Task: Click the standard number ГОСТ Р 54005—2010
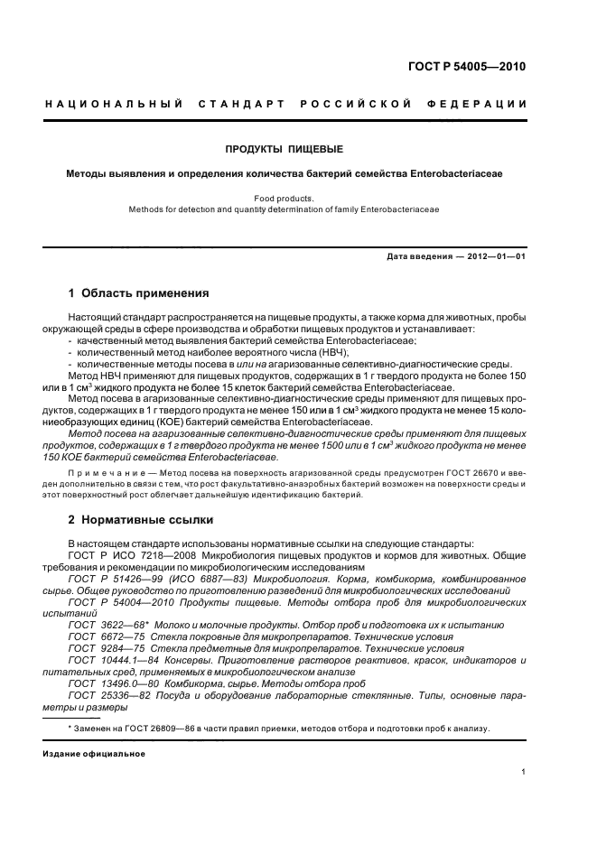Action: [x=469, y=68]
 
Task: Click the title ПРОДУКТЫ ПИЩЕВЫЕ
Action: [x=285, y=148]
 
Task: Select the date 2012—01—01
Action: [x=496, y=256]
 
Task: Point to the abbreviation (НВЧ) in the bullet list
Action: [x=258, y=352]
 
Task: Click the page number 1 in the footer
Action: [x=524, y=773]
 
